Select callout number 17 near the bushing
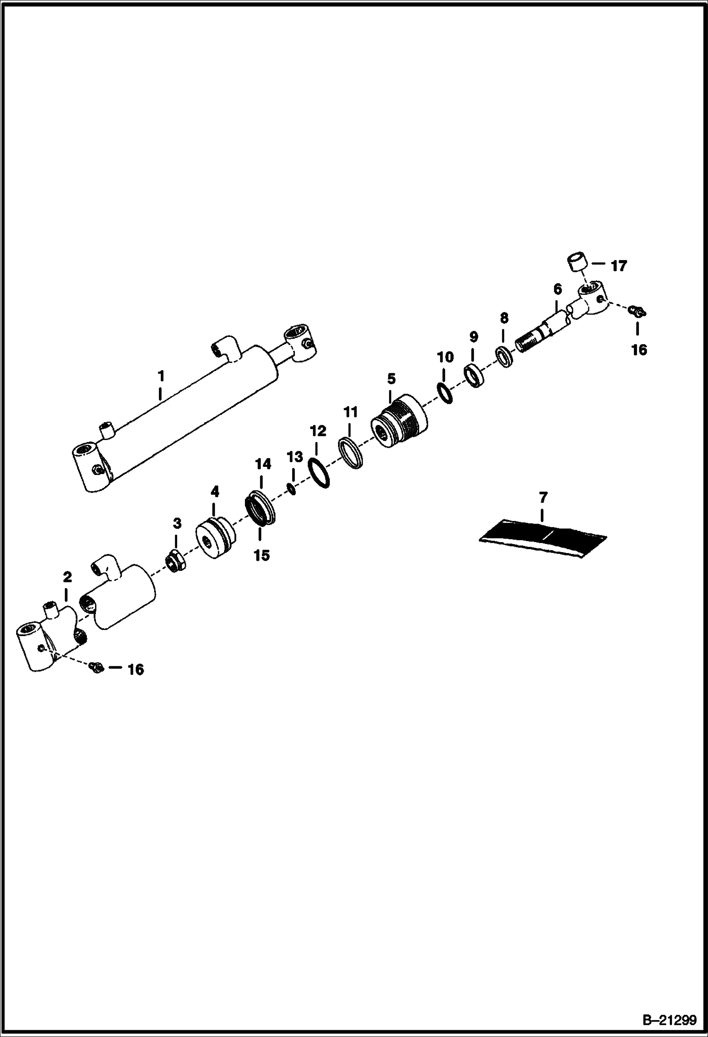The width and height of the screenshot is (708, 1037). pos(619,266)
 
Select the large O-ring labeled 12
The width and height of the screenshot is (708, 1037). pos(319,472)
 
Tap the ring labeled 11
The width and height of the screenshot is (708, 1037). pos(351,453)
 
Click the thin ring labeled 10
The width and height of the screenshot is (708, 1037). pos(445,393)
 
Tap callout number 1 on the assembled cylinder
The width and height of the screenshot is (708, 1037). pos(161,377)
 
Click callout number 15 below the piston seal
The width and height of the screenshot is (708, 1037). pos(261,555)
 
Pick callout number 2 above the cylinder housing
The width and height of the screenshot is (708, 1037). pos(67,577)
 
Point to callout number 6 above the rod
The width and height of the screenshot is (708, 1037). pos(557,289)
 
